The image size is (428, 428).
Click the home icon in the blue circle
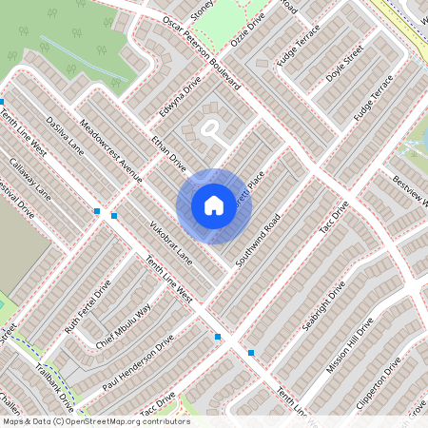click(x=214, y=205)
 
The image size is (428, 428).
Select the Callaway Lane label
click(x=30, y=175)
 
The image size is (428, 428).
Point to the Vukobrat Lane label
click(x=171, y=242)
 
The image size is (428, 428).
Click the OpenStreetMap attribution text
click(x=95, y=420)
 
